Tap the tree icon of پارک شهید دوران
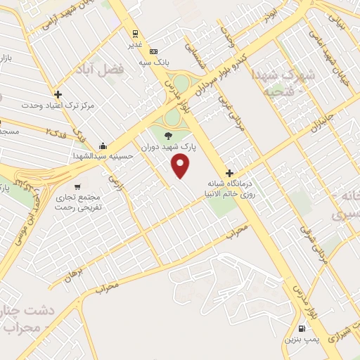(167, 136)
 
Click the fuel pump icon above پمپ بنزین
(302, 328)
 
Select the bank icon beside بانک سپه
(153, 51)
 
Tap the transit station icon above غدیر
(134, 32)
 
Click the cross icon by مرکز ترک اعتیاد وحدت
(58, 94)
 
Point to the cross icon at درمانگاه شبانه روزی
(229, 173)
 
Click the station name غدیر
(134, 43)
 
